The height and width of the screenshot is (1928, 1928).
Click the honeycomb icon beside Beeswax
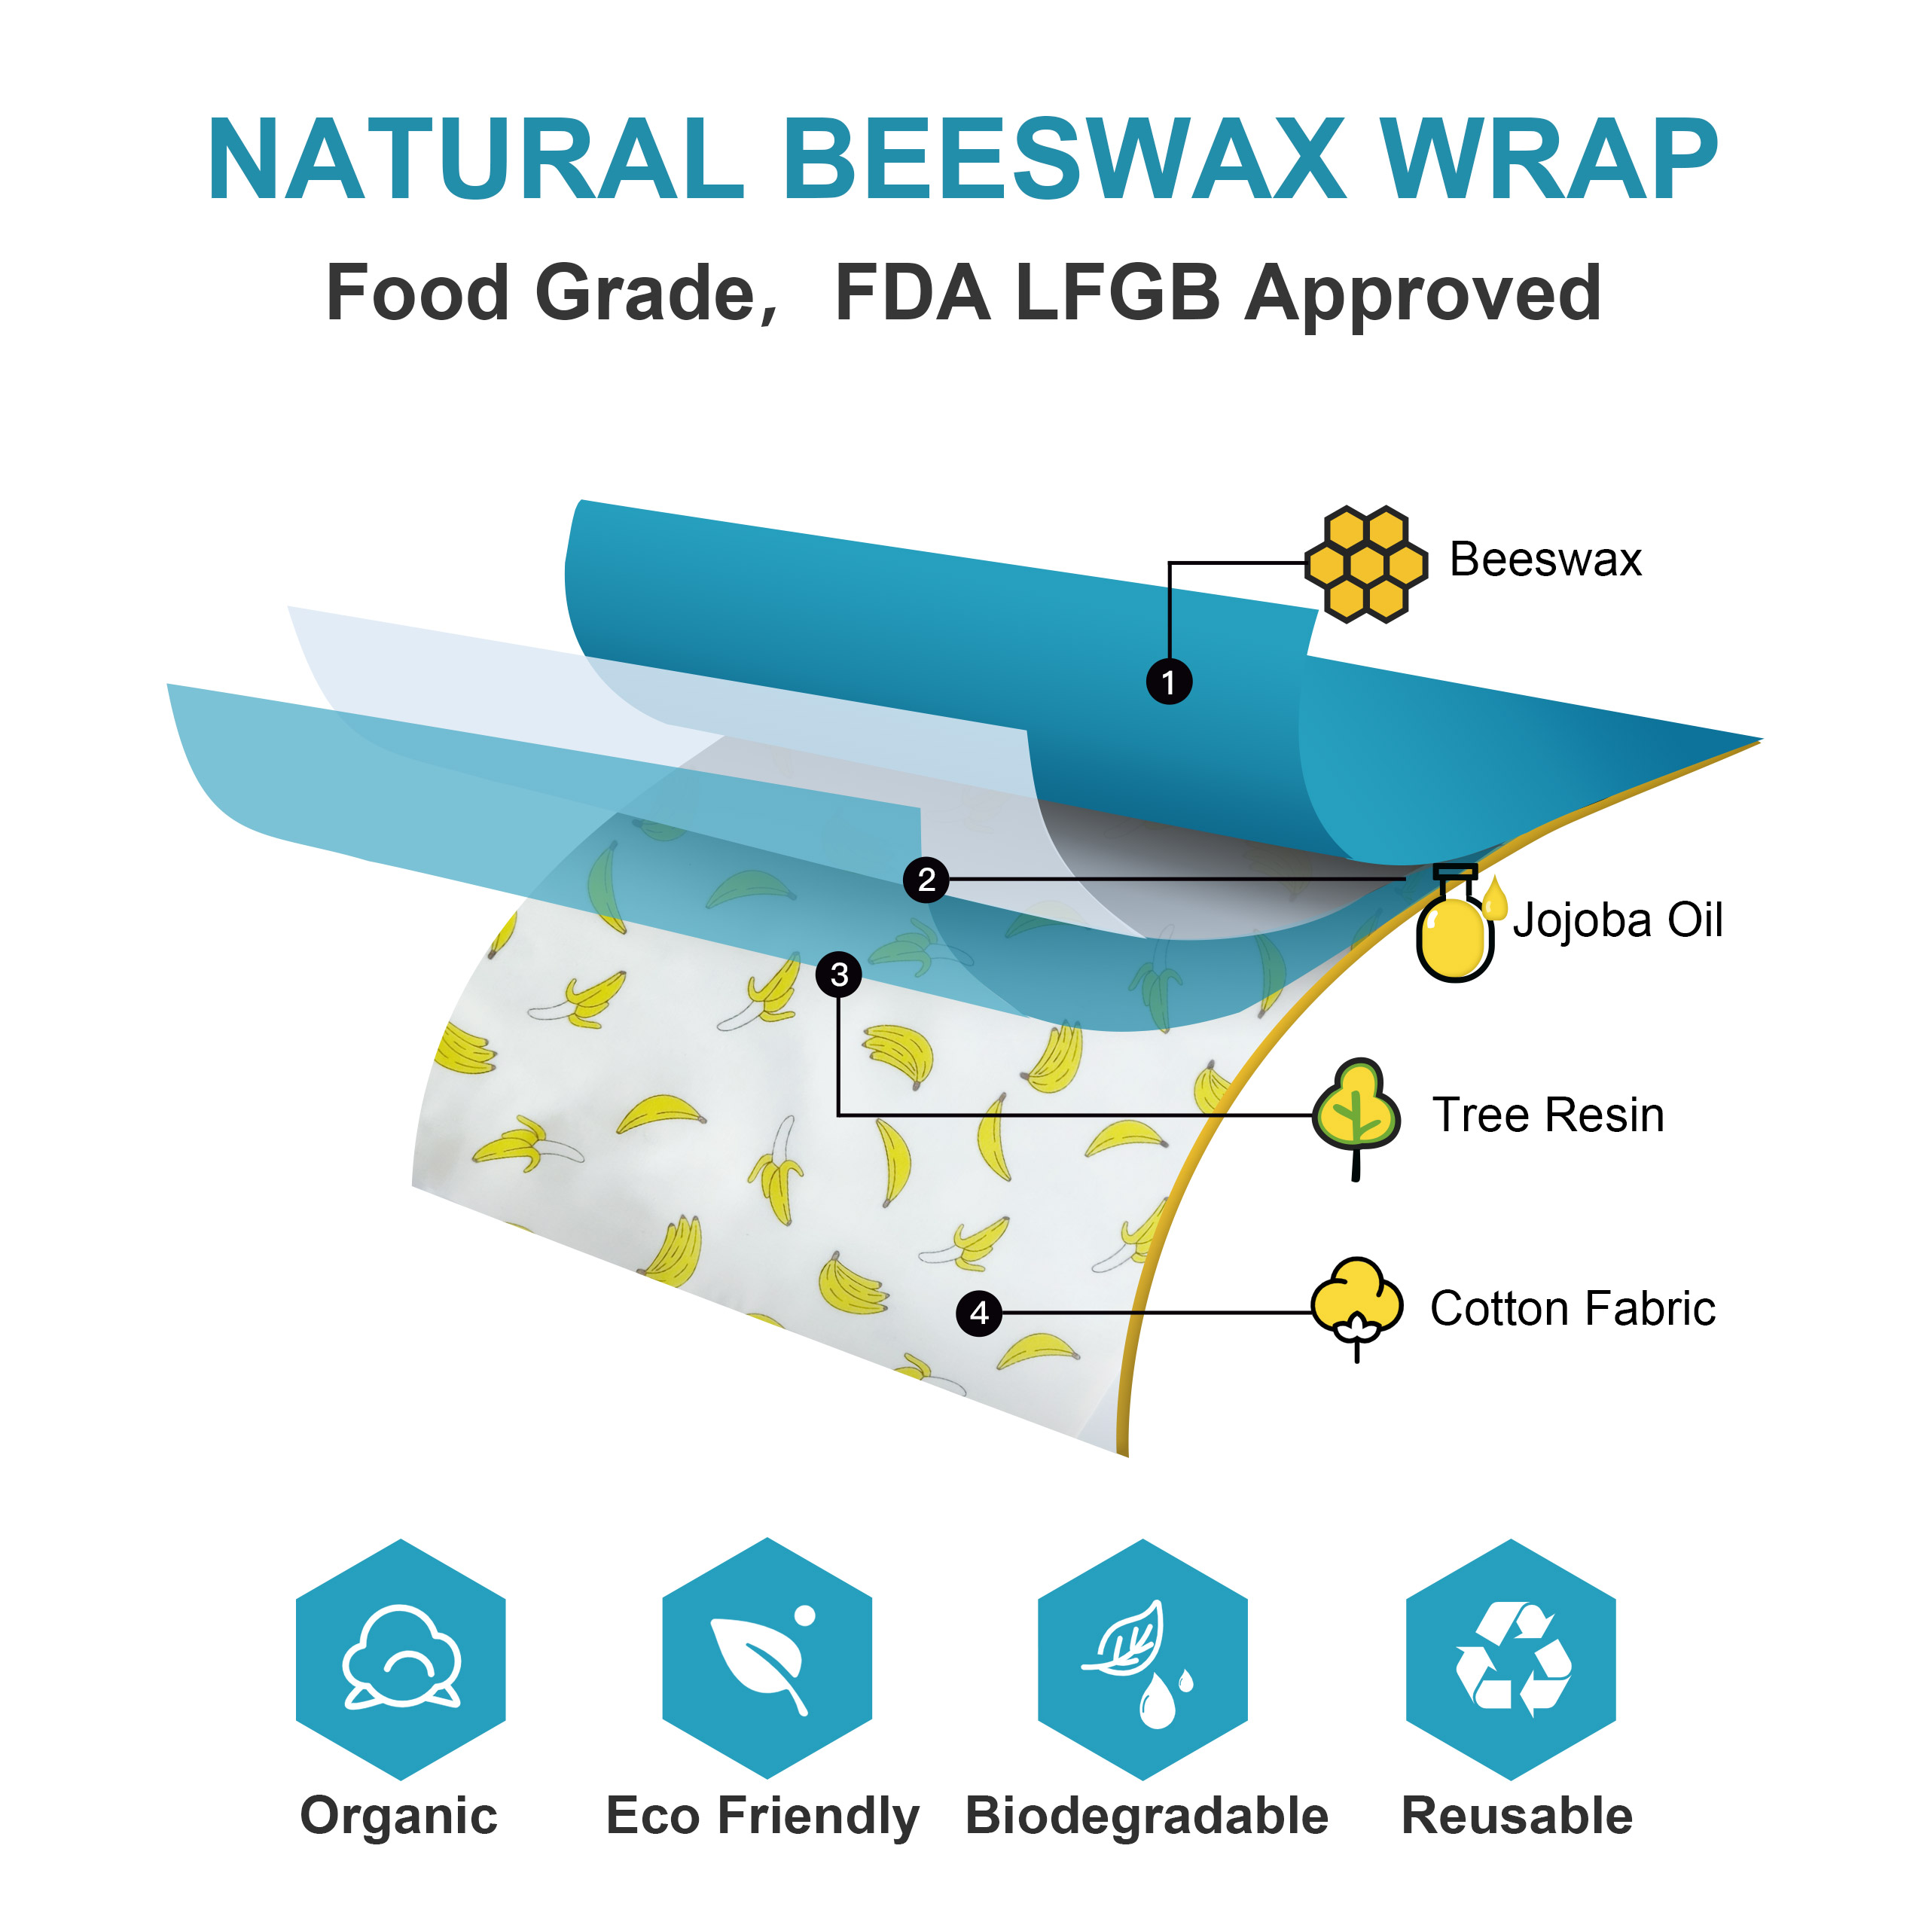(x=1366, y=564)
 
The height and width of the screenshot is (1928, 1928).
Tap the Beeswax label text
(x=1545, y=559)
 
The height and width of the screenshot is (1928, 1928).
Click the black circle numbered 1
(x=1169, y=682)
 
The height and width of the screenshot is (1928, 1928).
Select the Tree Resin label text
(x=1548, y=1115)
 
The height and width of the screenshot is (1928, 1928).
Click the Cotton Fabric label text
(x=1573, y=1308)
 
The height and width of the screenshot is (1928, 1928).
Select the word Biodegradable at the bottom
(x=1146, y=1815)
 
